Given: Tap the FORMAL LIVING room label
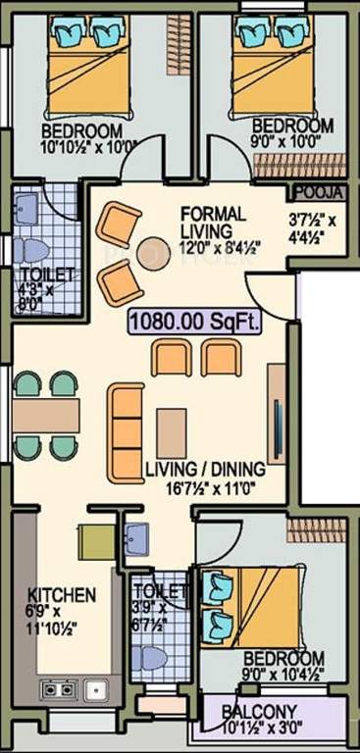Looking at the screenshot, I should coord(212,222).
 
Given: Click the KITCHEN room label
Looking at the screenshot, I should coord(61,595).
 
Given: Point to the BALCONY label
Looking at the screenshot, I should coord(260,712).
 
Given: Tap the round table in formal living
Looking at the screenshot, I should coord(154,251).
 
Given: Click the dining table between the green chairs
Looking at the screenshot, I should coord(46,415).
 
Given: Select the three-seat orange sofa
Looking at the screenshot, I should coord(125,430).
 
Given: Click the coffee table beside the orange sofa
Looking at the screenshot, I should coord(171,431).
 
